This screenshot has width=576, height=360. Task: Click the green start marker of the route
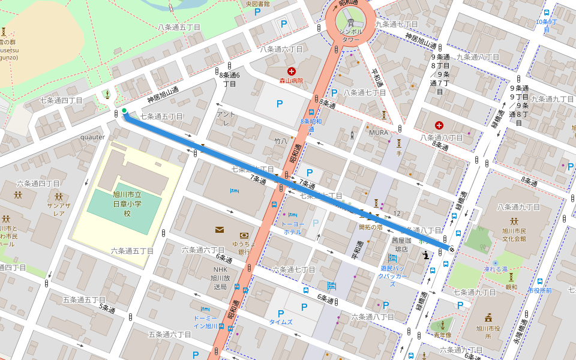click(x=124, y=110)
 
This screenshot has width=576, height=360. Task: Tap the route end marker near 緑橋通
click(x=451, y=248)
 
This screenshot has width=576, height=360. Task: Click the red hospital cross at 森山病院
click(x=292, y=71)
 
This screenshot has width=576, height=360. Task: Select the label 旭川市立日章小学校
click(x=127, y=203)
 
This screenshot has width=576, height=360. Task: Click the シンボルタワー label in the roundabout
click(x=350, y=35)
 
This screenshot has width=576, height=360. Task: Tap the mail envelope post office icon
click(x=219, y=230)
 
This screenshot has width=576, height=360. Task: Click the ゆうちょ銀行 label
click(x=244, y=248)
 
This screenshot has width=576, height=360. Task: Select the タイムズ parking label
click(x=281, y=322)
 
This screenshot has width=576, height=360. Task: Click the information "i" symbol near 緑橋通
click(x=426, y=255)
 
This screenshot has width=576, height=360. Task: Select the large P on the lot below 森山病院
click(x=279, y=104)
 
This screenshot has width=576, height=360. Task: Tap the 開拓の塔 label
click(x=371, y=227)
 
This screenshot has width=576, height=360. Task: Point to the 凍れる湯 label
click(x=496, y=270)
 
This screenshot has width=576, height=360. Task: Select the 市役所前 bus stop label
click(x=538, y=290)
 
